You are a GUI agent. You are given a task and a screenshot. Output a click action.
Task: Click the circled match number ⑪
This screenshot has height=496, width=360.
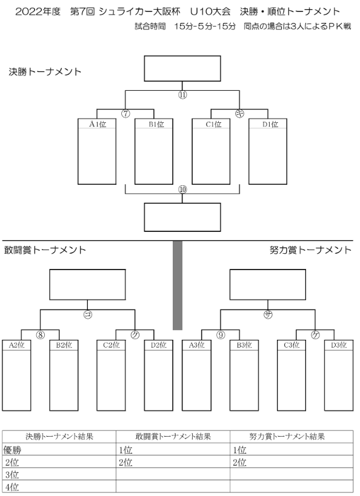[182, 94]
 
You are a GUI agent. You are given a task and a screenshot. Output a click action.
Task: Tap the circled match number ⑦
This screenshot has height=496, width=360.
[125, 114]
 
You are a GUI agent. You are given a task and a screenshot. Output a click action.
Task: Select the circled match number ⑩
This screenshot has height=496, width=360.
[182, 190]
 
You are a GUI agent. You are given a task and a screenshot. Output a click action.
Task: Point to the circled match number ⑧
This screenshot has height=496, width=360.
[40, 335]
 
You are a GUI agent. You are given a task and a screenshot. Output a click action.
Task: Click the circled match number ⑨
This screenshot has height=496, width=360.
[221, 335]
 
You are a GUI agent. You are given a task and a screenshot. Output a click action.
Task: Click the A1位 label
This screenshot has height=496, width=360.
[97, 124]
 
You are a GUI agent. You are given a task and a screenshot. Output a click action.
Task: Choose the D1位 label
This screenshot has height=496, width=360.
[270, 124]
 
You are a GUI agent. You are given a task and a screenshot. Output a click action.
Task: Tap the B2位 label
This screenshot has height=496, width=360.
[64, 345]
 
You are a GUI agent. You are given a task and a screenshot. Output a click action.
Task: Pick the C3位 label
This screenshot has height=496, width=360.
[292, 345]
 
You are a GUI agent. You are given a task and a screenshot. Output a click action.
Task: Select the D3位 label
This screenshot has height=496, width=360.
[339, 345]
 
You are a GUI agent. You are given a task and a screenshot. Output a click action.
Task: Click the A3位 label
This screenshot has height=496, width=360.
[196, 345]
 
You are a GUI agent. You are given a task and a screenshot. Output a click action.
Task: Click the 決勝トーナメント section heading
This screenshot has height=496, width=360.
[45, 72]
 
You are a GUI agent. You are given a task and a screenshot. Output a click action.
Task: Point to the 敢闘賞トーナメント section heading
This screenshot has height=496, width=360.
[45, 250]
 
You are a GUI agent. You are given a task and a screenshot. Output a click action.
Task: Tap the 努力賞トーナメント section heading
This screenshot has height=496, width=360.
[310, 250]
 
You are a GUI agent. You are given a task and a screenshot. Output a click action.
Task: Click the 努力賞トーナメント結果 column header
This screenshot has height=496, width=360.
[287, 437]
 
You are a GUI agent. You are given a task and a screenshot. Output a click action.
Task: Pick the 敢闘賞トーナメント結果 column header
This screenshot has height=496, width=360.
[173, 437]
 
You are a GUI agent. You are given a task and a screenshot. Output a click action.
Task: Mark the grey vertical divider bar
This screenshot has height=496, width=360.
[178, 285]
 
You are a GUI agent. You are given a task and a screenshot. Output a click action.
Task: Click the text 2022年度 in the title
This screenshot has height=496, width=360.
[38, 12]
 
